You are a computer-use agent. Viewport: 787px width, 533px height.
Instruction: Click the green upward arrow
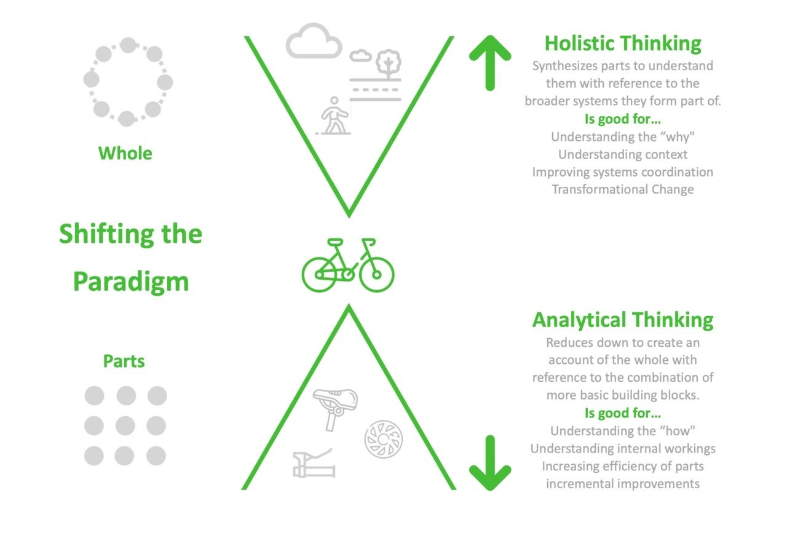(x=490, y=63)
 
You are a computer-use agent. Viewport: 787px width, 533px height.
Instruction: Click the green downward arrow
(x=490, y=463)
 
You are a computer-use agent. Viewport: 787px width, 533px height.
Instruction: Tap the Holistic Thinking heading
(x=623, y=44)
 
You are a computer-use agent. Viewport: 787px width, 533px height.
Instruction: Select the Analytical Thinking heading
(x=623, y=320)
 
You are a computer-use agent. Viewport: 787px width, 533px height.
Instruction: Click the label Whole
(x=125, y=154)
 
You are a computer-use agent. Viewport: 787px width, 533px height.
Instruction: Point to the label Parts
(x=124, y=361)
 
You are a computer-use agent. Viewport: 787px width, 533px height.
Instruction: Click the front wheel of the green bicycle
(x=376, y=275)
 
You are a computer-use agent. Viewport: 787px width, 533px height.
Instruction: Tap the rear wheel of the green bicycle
(x=319, y=275)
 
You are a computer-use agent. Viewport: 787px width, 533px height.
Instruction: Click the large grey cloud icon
(x=314, y=41)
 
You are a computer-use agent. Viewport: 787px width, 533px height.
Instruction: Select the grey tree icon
(x=388, y=63)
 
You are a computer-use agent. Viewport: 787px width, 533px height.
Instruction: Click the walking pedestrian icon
(x=334, y=116)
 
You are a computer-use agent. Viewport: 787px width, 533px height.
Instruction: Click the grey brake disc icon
(x=384, y=439)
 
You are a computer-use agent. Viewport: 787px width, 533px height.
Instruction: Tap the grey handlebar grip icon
(x=314, y=463)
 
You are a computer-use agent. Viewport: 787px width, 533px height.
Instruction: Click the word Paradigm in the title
(x=131, y=282)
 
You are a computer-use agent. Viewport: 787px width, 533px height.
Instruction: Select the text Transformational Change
(x=623, y=189)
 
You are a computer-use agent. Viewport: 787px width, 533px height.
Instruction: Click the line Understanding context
(x=623, y=154)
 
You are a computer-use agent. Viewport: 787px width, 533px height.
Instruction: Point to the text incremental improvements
(x=623, y=484)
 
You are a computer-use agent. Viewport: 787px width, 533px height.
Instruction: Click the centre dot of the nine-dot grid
(x=125, y=426)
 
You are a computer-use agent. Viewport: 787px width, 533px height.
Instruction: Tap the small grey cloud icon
(x=360, y=55)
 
